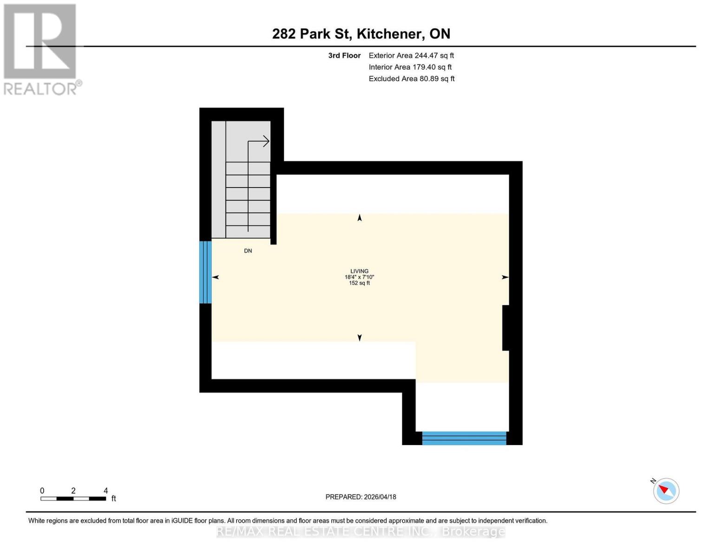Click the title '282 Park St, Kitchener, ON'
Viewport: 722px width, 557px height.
click(x=361, y=34)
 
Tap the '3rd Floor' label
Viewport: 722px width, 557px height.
click(x=344, y=56)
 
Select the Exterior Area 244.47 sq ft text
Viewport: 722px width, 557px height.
click(x=411, y=56)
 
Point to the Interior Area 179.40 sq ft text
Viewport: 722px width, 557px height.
click(x=410, y=67)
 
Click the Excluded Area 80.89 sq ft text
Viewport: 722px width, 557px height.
click(x=412, y=79)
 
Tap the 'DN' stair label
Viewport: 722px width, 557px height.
click(x=248, y=251)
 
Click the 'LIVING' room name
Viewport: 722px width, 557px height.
click(x=359, y=271)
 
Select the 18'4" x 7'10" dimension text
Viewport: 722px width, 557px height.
click(x=359, y=277)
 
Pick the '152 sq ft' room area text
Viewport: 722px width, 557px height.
click(x=359, y=283)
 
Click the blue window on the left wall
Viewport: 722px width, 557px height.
click(x=205, y=272)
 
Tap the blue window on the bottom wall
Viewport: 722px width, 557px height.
click(x=464, y=438)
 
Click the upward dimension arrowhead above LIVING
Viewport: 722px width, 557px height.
click(x=360, y=218)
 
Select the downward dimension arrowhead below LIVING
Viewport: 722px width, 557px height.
click(x=360, y=338)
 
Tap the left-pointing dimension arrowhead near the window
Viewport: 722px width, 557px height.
click(x=216, y=277)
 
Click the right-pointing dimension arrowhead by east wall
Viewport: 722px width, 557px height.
click(x=505, y=277)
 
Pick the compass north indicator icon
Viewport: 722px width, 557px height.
click(x=666, y=491)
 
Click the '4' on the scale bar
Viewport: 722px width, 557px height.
click(x=105, y=491)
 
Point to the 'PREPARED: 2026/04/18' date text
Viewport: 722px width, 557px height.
click(x=361, y=497)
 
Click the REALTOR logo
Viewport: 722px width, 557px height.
click(x=41, y=49)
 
